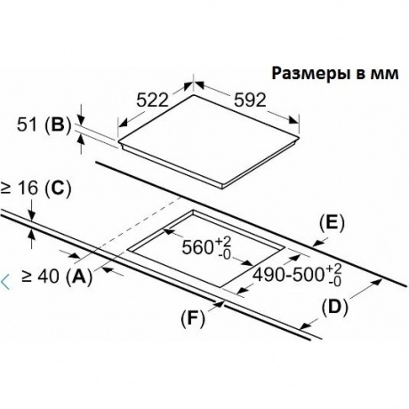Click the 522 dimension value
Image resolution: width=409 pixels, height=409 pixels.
(x=152, y=100)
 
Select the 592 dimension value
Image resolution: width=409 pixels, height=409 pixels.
(x=250, y=100)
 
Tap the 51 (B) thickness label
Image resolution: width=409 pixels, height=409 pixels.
(x=44, y=124)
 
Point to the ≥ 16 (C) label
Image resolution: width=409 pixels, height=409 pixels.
(x=36, y=188)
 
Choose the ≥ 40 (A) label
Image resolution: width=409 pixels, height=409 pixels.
(x=57, y=277)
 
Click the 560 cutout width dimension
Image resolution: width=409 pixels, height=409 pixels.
(x=206, y=248)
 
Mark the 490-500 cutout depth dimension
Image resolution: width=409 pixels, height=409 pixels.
(x=297, y=275)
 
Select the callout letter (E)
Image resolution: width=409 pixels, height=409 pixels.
(x=332, y=223)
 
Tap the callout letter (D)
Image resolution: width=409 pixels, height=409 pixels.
(x=334, y=308)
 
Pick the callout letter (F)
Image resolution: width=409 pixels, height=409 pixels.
(x=193, y=319)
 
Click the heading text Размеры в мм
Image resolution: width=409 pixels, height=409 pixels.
(x=335, y=74)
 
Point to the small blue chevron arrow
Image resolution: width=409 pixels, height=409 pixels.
(x=5, y=282)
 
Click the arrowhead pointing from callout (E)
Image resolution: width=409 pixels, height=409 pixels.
(x=318, y=243)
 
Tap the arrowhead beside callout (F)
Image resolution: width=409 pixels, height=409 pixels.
(x=220, y=304)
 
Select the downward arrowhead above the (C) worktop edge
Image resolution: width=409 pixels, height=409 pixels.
(x=31, y=215)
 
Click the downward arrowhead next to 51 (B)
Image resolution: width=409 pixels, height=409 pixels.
(x=81, y=119)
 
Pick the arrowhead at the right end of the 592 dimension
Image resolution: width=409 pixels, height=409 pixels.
(x=294, y=120)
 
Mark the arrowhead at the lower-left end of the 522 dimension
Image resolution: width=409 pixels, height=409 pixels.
(x=123, y=123)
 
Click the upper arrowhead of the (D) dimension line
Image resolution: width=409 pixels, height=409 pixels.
(x=376, y=282)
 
